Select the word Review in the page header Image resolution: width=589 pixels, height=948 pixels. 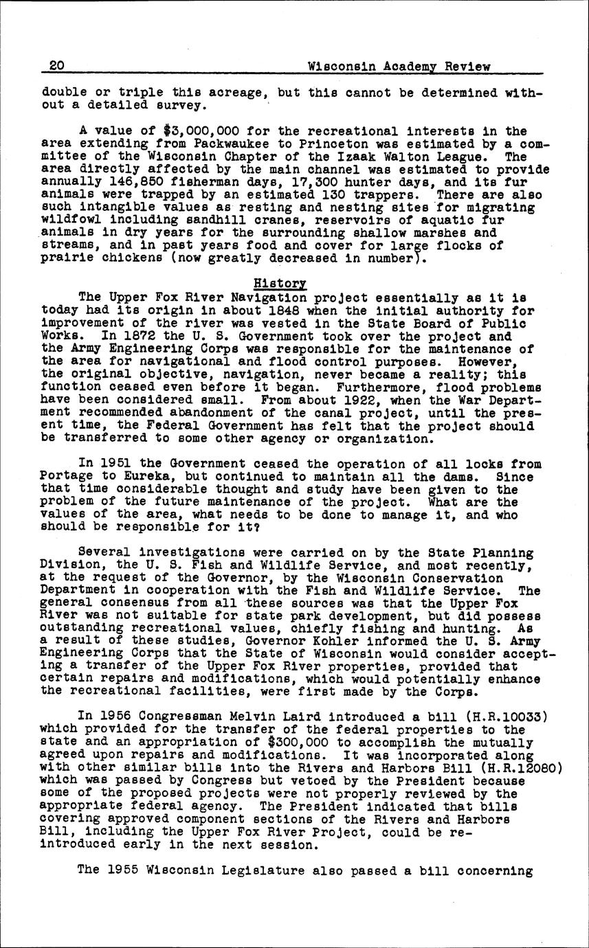pos(467,67)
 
